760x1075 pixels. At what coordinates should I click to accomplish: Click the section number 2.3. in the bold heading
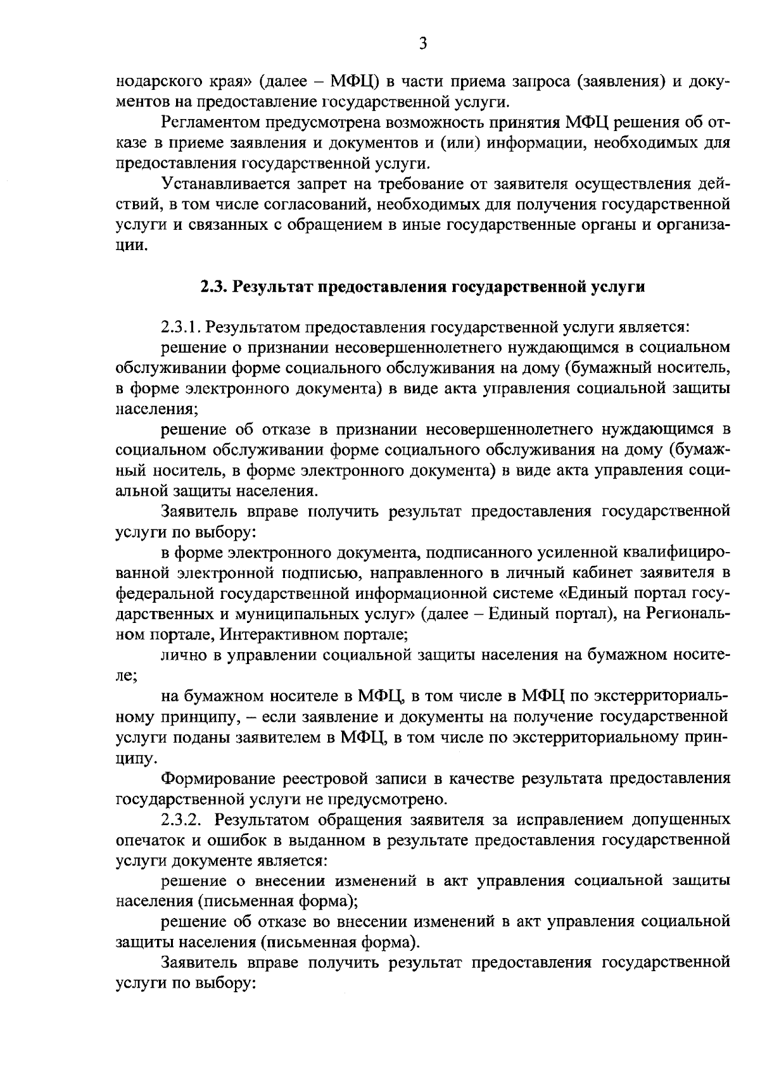tap(214, 287)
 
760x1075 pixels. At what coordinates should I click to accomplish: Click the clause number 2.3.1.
tap(180, 327)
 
